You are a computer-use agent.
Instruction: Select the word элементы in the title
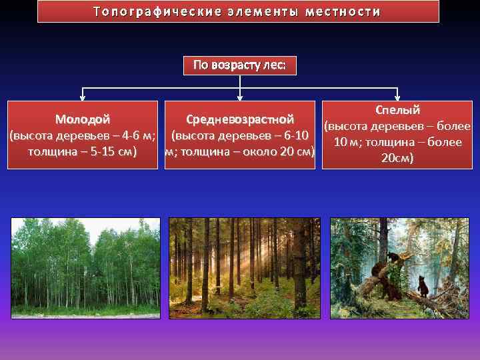point(261,12)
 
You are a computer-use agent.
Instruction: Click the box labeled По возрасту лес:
point(239,65)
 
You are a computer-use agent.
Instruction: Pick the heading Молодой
point(83,120)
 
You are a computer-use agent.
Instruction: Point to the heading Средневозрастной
point(239,120)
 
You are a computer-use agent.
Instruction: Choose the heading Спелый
point(397,110)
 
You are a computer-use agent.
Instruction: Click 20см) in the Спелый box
point(397,158)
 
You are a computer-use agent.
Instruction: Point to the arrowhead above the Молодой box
point(83,97)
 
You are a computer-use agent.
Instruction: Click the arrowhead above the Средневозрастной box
point(239,97)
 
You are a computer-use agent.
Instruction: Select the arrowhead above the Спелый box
point(397,97)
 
